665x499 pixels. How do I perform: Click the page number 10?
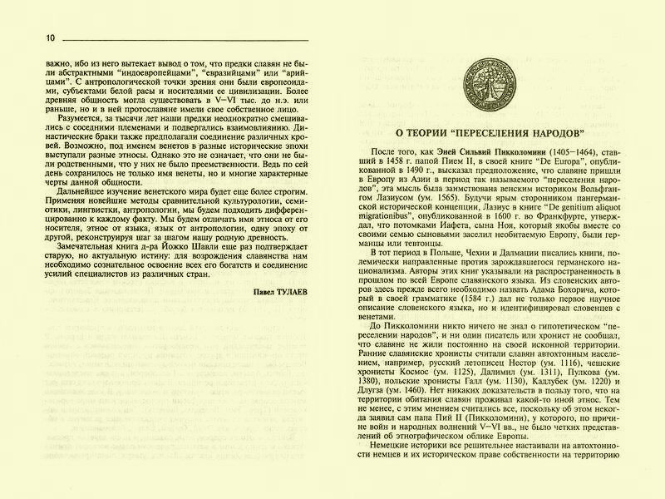[x=27, y=37]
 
